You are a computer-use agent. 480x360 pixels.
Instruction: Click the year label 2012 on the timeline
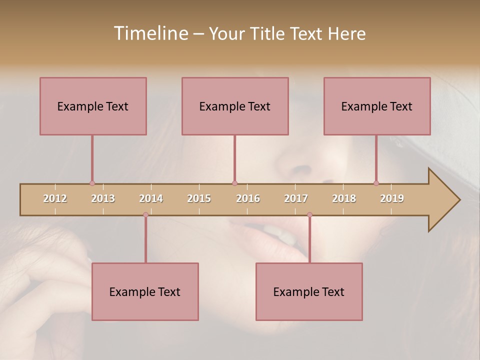tap(55, 198)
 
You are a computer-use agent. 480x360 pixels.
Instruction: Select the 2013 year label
tap(103, 198)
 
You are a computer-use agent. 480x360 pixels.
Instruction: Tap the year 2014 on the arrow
tap(151, 198)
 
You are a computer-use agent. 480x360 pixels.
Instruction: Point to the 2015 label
tap(199, 198)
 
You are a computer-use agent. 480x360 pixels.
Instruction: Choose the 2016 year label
tap(248, 198)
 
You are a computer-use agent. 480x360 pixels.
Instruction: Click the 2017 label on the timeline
tap(296, 198)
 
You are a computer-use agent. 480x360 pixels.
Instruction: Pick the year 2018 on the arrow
tap(344, 198)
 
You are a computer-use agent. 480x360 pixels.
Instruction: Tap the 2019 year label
tap(392, 198)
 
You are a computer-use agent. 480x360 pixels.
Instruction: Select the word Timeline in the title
tap(150, 33)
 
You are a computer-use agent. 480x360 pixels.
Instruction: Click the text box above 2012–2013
tap(93, 106)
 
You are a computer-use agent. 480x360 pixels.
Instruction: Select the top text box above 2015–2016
tap(235, 106)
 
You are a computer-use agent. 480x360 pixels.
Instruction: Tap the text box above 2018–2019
tap(377, 106)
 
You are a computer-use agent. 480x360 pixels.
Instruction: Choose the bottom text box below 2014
tap(145, 291)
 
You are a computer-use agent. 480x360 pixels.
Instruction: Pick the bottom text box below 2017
tap(309, 291)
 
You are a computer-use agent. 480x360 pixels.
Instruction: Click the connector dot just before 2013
tap(92, 183)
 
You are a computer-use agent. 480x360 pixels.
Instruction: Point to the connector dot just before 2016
tap(234, 183)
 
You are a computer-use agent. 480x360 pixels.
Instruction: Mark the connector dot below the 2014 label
tap(145, 215)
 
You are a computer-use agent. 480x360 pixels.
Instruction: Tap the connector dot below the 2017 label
tap(309, 215)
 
